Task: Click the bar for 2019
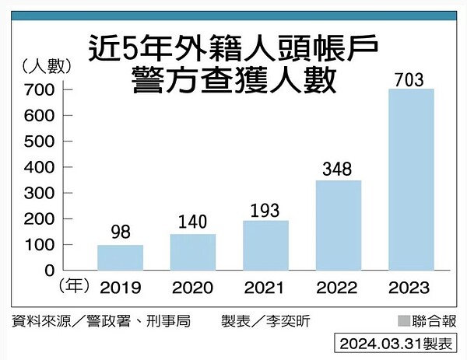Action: [120, 257]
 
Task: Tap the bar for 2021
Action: [265, 245]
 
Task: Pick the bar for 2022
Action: [338, 225]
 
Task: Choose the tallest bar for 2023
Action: [410, 180]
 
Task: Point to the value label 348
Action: [338, 169]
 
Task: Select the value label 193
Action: [265, 209]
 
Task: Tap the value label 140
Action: [192, 222]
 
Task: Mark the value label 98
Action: [120, 233]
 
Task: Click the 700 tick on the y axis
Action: [43, 90]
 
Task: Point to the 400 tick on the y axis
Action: [43, 167]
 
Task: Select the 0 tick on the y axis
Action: [49, 271]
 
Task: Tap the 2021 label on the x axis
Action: [265, 288]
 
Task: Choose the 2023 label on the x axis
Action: [410, 288]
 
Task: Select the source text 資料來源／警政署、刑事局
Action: [100, 320]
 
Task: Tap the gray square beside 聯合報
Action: [403, 321]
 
